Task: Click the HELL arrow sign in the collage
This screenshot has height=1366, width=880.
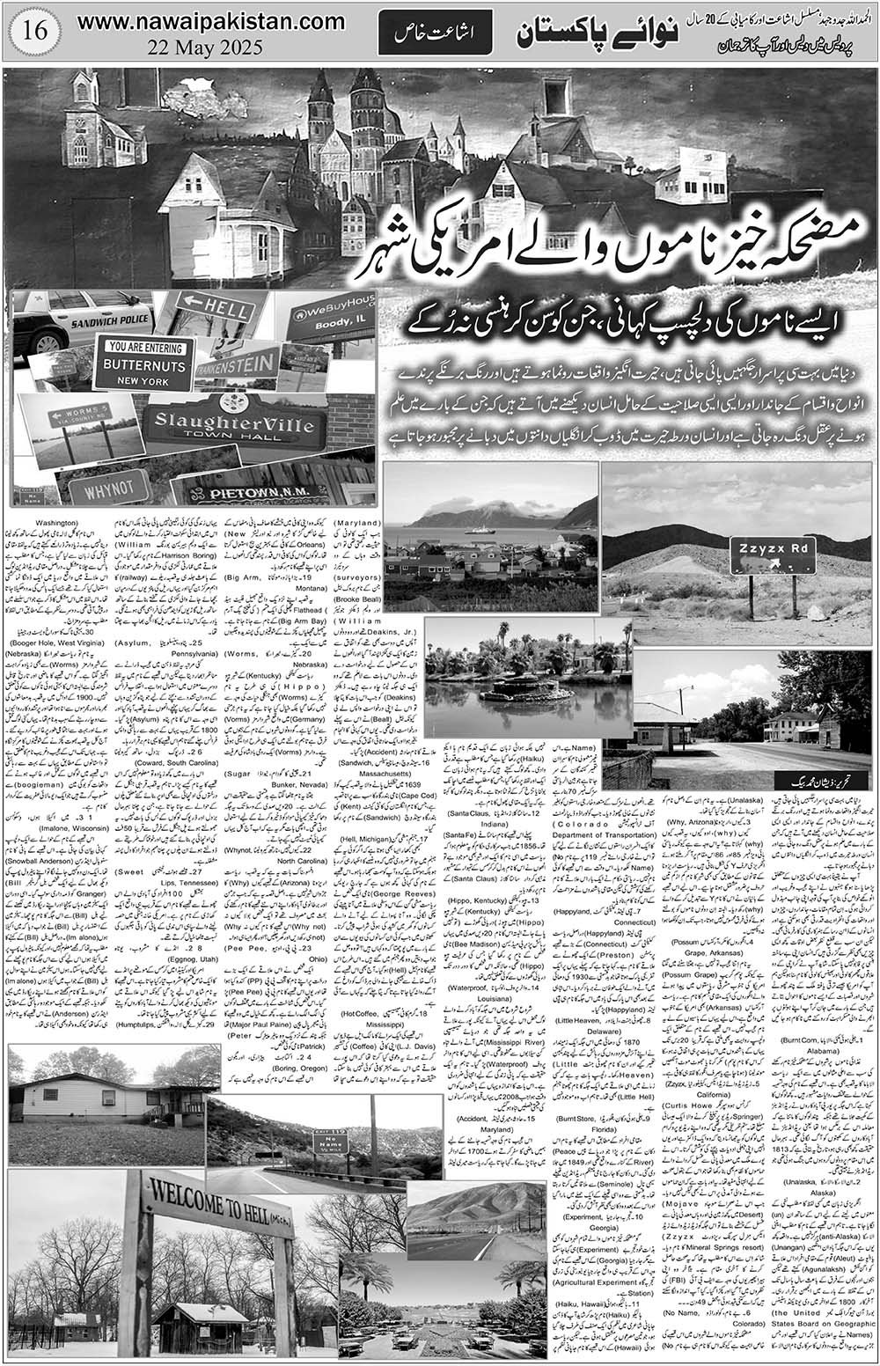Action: (x=214, y=310)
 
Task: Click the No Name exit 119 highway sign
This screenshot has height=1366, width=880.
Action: (x=330, y=1142)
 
